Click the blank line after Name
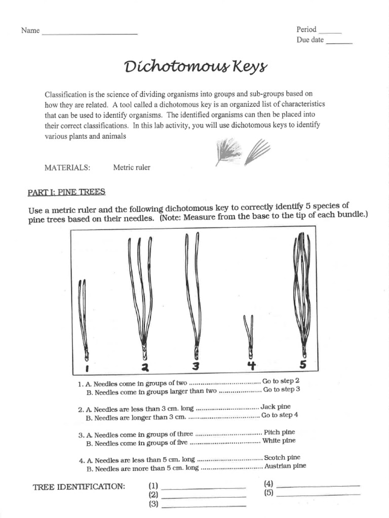pos(90,33)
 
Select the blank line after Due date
pos(339,42)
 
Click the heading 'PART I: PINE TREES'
pos(66,192)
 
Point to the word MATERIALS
pos(67,167)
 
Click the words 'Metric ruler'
pos(132,167)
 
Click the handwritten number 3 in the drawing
pos(196,365)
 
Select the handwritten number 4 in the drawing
pos(251,365)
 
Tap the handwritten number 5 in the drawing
pos(302,364)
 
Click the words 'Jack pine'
pos(276,406)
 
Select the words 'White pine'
pos(279,441)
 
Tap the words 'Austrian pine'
pos(285,466)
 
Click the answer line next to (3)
pos(203,505)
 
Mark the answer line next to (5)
pos(319,494)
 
